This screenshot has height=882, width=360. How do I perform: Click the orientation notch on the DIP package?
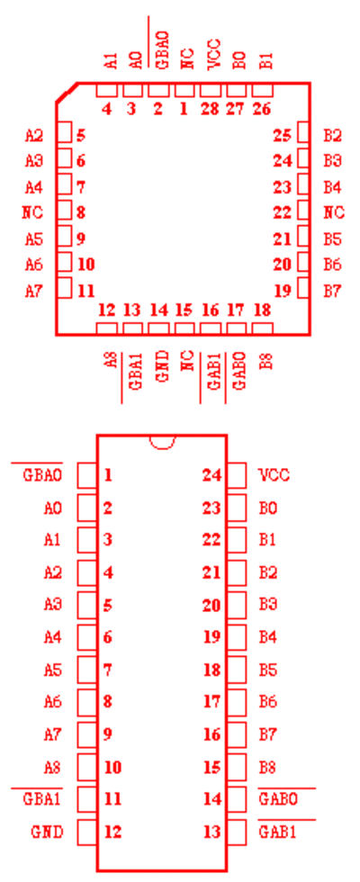coord(162,445)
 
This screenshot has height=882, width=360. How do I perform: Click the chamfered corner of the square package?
coord(67,93)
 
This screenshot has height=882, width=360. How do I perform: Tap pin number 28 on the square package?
coord(210,109)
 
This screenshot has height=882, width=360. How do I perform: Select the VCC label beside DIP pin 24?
coord(274,475)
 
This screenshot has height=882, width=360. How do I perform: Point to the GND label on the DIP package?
coord(47,832)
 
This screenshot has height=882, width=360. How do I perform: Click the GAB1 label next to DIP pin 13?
coord(277,832)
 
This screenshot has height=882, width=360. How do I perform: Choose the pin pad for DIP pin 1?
coord(86,475)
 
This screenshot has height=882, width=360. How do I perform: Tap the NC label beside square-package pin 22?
coord(334,212)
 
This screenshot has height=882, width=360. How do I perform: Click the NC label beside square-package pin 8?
coord(32,212)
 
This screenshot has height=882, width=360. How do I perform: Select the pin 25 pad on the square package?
coord(304,134)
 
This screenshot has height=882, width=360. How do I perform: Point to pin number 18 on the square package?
coord(262,310)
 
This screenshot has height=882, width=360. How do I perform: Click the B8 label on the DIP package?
coord(266,767)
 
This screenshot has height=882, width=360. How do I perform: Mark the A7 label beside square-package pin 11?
coord(34,292)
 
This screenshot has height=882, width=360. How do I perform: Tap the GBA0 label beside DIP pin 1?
coord(42,475)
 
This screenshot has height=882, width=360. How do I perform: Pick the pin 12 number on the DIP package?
coord(113,832)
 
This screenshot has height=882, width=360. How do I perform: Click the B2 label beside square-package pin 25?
coord(332,135)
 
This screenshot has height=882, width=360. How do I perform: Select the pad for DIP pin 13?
coord(236,832)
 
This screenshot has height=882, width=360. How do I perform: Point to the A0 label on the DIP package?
coord(53,508)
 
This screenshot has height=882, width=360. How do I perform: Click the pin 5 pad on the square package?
coord(65,134)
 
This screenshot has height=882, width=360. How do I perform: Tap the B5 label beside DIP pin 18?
coord(267,670)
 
